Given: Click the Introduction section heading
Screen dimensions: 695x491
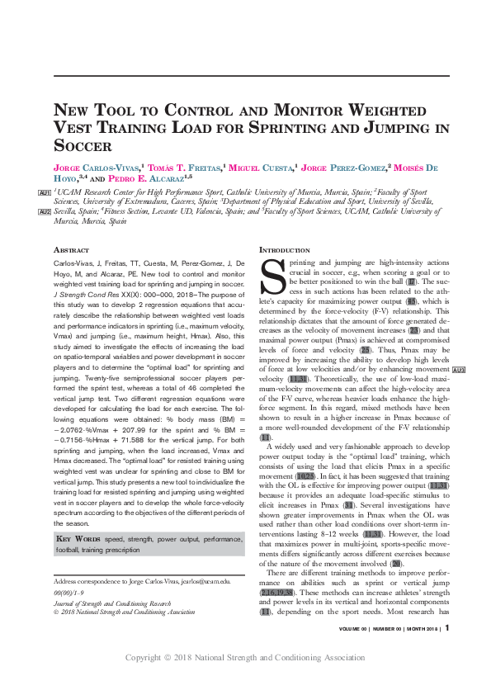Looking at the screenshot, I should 286,249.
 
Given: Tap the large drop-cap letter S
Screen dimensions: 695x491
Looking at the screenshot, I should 271,277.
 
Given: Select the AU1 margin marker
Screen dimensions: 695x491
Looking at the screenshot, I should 45,192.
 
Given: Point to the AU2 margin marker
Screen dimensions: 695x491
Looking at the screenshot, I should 45,212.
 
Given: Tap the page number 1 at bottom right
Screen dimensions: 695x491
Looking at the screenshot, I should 446,650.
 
